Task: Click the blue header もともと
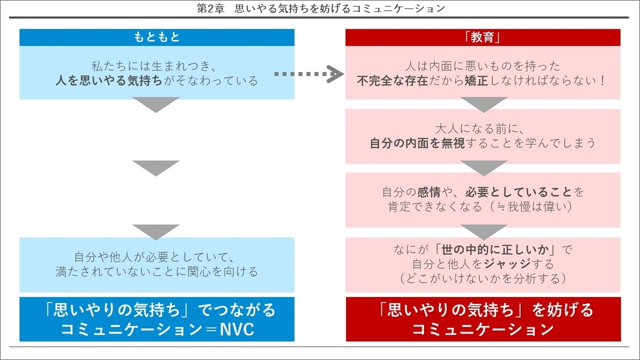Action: pyautogui.click(x=157, y=37)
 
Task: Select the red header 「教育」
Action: pyautogui.click(x=483, y=37)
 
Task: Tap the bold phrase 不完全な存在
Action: pyautogui.click(x=393, y=81)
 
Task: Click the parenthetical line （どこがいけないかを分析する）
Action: pyautogui.click(x=483, y=278)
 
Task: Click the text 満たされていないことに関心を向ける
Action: pyautogui.click(x=157, y=272)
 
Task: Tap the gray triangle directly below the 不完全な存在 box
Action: pyautogui.click(x=483, y=104)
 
